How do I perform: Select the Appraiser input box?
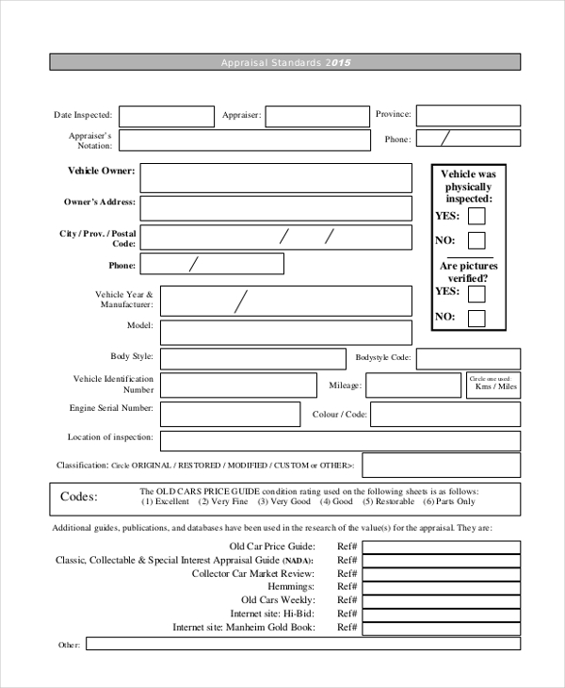pos(317,116)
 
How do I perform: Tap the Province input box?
pos(468,115)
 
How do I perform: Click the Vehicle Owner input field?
pos(276,178)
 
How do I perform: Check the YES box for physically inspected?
pos(476,216)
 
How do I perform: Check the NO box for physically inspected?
pos(476,240)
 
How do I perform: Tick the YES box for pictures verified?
pos(476,293)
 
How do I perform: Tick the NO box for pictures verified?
pos(476,318)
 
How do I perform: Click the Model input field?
pos(285,333)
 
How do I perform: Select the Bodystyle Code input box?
pos(468,359)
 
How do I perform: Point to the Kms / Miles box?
pos(493,385)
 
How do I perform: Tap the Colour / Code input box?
pos(444,415)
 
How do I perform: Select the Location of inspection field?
pos(340,441)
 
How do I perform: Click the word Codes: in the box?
pos(79,497)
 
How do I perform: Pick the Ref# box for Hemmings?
pos(441,586)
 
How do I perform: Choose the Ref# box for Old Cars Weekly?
pos(441,599)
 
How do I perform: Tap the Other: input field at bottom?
pos(302,644)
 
